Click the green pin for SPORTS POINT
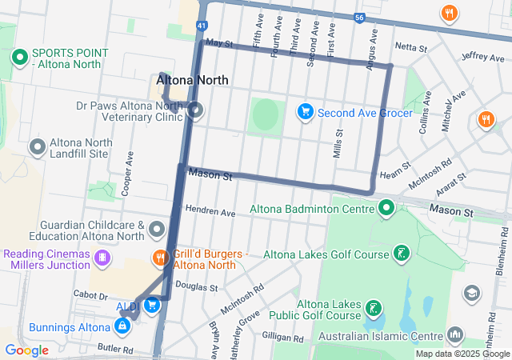[x=19, y=58]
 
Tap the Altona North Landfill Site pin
[x=37, y=146]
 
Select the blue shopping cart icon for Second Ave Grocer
[x=305, y=111]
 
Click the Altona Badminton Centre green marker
[x=387, y=210]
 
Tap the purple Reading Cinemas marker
[x=102, y=258]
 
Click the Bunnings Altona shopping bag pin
[x=122, y=326]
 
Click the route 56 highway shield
[x=361, y=17]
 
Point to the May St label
[x=218, y=42]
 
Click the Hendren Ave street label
[x=210, y=213]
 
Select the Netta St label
[x=412, y=48]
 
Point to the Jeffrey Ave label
[x=482, y=57]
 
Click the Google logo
[x=26, y=350]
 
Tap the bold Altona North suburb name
[x=193, y=81]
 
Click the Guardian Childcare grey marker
[x=157, y=231]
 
